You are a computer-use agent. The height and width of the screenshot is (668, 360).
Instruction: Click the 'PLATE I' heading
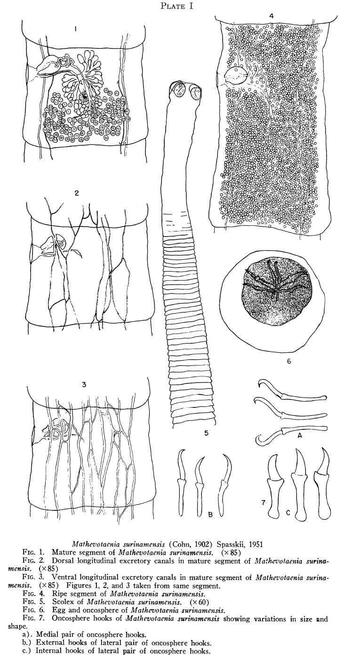pos(176,6)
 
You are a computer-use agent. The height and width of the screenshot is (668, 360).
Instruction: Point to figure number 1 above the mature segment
pos(76,29)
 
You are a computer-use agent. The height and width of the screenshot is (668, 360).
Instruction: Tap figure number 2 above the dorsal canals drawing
pos(77,193)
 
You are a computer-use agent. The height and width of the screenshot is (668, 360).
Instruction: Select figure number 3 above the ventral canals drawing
pos(84,385)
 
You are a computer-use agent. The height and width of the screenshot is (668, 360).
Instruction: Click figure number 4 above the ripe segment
pos(271,16)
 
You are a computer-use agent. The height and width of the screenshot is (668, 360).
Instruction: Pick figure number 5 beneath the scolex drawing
pos(207,433)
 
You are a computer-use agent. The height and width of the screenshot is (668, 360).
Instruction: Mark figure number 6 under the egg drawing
pos(289,361)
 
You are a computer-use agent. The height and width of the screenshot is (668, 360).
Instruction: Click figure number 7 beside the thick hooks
pos(264,502)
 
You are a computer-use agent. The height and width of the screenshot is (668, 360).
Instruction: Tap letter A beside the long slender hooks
pos(300,436)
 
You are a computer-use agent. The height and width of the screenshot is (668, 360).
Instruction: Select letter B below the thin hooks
pos(210,514)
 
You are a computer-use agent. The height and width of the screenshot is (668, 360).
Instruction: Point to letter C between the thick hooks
pos(288,513)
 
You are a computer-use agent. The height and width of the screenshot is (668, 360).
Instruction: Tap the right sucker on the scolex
pos(196,93)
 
